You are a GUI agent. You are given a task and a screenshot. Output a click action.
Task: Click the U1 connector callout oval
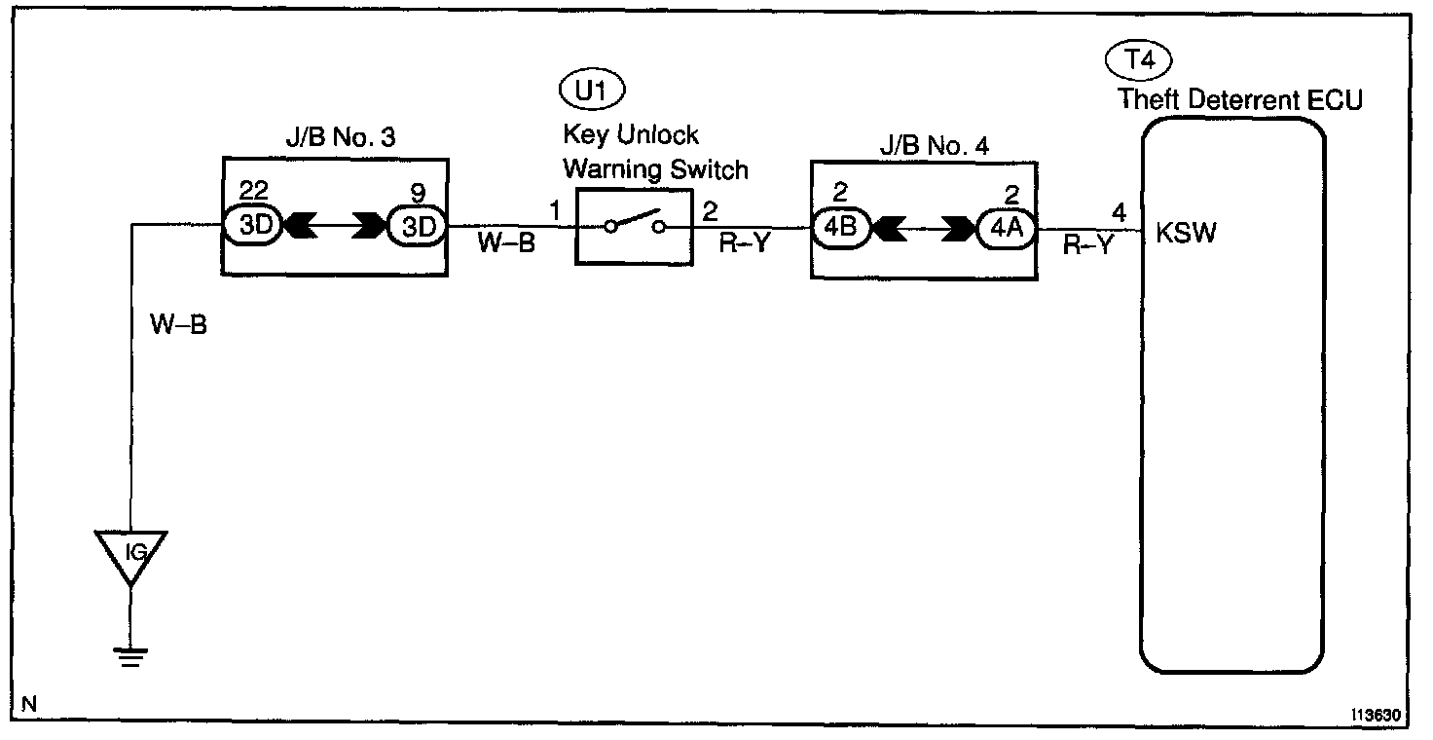pyautogui.click(x=592, y=92)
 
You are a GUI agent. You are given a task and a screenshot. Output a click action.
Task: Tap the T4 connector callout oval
pyautogui.click(x=1139, y=60)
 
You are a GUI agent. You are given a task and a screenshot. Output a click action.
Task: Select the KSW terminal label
pyautogui.click(x=1186, y=234)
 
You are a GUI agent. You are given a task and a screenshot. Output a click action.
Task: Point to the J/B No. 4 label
pyautogui.click(x=923, y=147)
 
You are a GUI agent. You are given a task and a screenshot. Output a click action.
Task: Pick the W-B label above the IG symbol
pyautogui.click(x=178, y=323)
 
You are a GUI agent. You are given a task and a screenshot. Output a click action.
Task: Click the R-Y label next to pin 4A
pyautogui.click(x=1087, y=247)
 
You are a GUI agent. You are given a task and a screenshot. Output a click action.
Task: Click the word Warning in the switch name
pyautogui.click(x=607, y=169)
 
